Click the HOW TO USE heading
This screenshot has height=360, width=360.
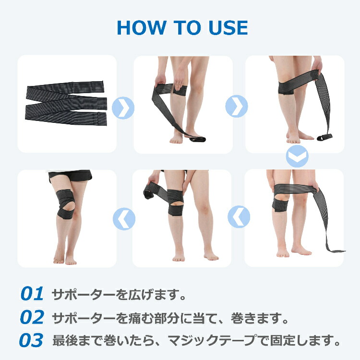coord(182,28)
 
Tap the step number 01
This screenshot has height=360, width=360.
coord(32,294)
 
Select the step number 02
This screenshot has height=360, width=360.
coord(32,317)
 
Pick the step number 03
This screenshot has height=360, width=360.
coord(32,340)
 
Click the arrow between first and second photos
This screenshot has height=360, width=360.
coord(120,107)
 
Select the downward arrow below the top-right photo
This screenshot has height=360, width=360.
coord(297,156)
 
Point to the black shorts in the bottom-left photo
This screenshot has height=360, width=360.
coord(70,176)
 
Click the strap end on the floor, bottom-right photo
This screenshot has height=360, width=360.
coord(336,250)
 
